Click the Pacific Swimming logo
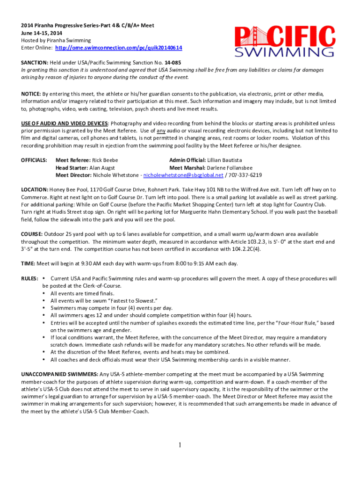click(x=285, y=41)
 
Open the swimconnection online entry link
click(x=119, y=48)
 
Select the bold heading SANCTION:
click(x=35, y=62)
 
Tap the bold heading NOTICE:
click(x=31, y=94)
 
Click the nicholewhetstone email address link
click(x=183, y=175)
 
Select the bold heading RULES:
click(x=29, y=278)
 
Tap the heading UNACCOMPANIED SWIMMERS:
click(x=60, y=374)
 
